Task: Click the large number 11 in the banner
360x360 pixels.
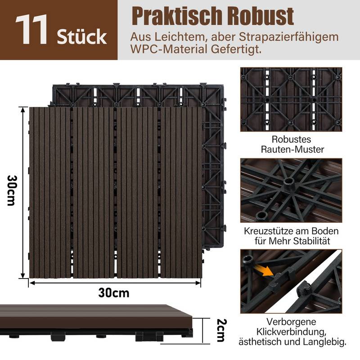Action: pyautogui.click(x=32, y=30)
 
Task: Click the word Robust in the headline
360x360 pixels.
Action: pyautogui.click(x=266, y=16)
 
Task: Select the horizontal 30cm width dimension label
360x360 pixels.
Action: pyautogui.click(x=113, y=293)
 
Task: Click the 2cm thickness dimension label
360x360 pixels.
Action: pyautogui.click(x=220, y=331)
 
